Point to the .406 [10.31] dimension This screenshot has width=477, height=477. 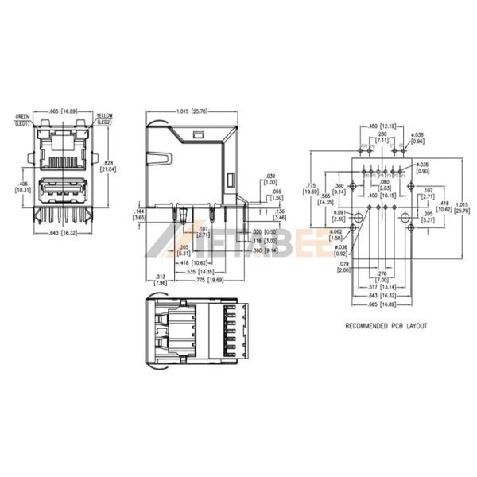(24, 186)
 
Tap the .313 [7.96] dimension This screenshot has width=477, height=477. (161, 279)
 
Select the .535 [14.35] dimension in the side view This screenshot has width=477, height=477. (196, 271)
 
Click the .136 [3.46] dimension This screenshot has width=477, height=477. (279, 214)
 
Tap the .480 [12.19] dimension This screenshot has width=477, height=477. (385, 126)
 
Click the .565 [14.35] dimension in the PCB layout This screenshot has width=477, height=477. (326, 200)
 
